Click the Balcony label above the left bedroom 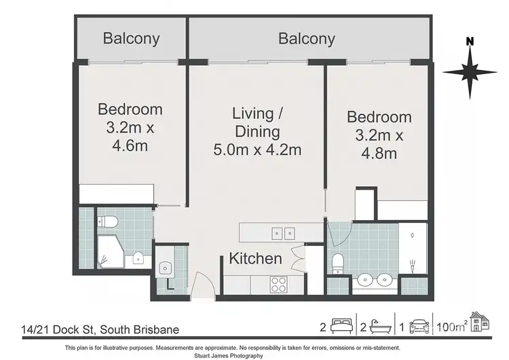click(x=131, y=38)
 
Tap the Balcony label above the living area click(x=307, y=38)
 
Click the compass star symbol click(x=468, y=71)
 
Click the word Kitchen click(x=255, y=258)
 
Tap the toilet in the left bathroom click(x=107, y=221)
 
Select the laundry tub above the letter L click(x=166, y=267)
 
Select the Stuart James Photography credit click(x=254, y=355)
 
